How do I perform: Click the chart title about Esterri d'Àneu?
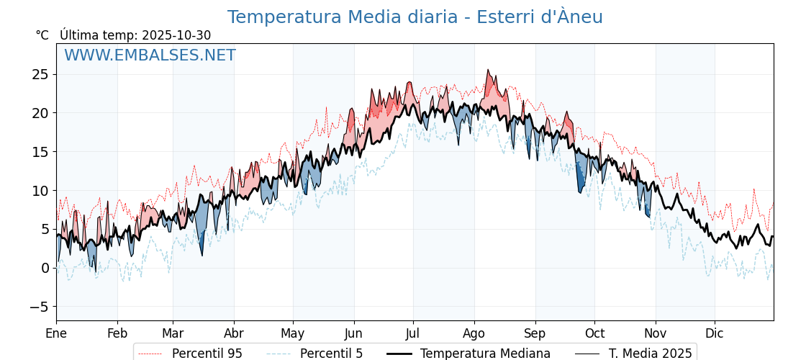pyautogui.click(x=415, y=17)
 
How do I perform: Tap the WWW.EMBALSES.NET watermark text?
pyautogui.click(x=150, y=55)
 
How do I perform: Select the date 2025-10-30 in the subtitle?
pyautogui.click(x=176, y=35)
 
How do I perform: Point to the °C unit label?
pyautogui.click(x=42, y=35)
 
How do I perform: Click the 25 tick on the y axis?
pyautogui.click(x=40, y=74)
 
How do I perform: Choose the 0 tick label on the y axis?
pyautogui.click(x=44, y=268)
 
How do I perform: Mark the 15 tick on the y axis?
pyautogui.click(x=40, y=152)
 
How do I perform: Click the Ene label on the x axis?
pyautogui.click(x=56, y=333)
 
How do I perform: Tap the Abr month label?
pyautogui.click(x=234, y=333)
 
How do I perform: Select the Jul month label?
pyautogui.click(x=413, y=333)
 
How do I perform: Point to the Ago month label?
pyautogui.click(x=474, y=333)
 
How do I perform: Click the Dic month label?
pyautogui.click(x=715, y=333)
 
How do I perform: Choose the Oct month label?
pyautogui.click(x=594, y=333)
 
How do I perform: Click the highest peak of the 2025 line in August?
pyautogui.click(x=488, y=70)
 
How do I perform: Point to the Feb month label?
pyautogui.click(x=117, y=333)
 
